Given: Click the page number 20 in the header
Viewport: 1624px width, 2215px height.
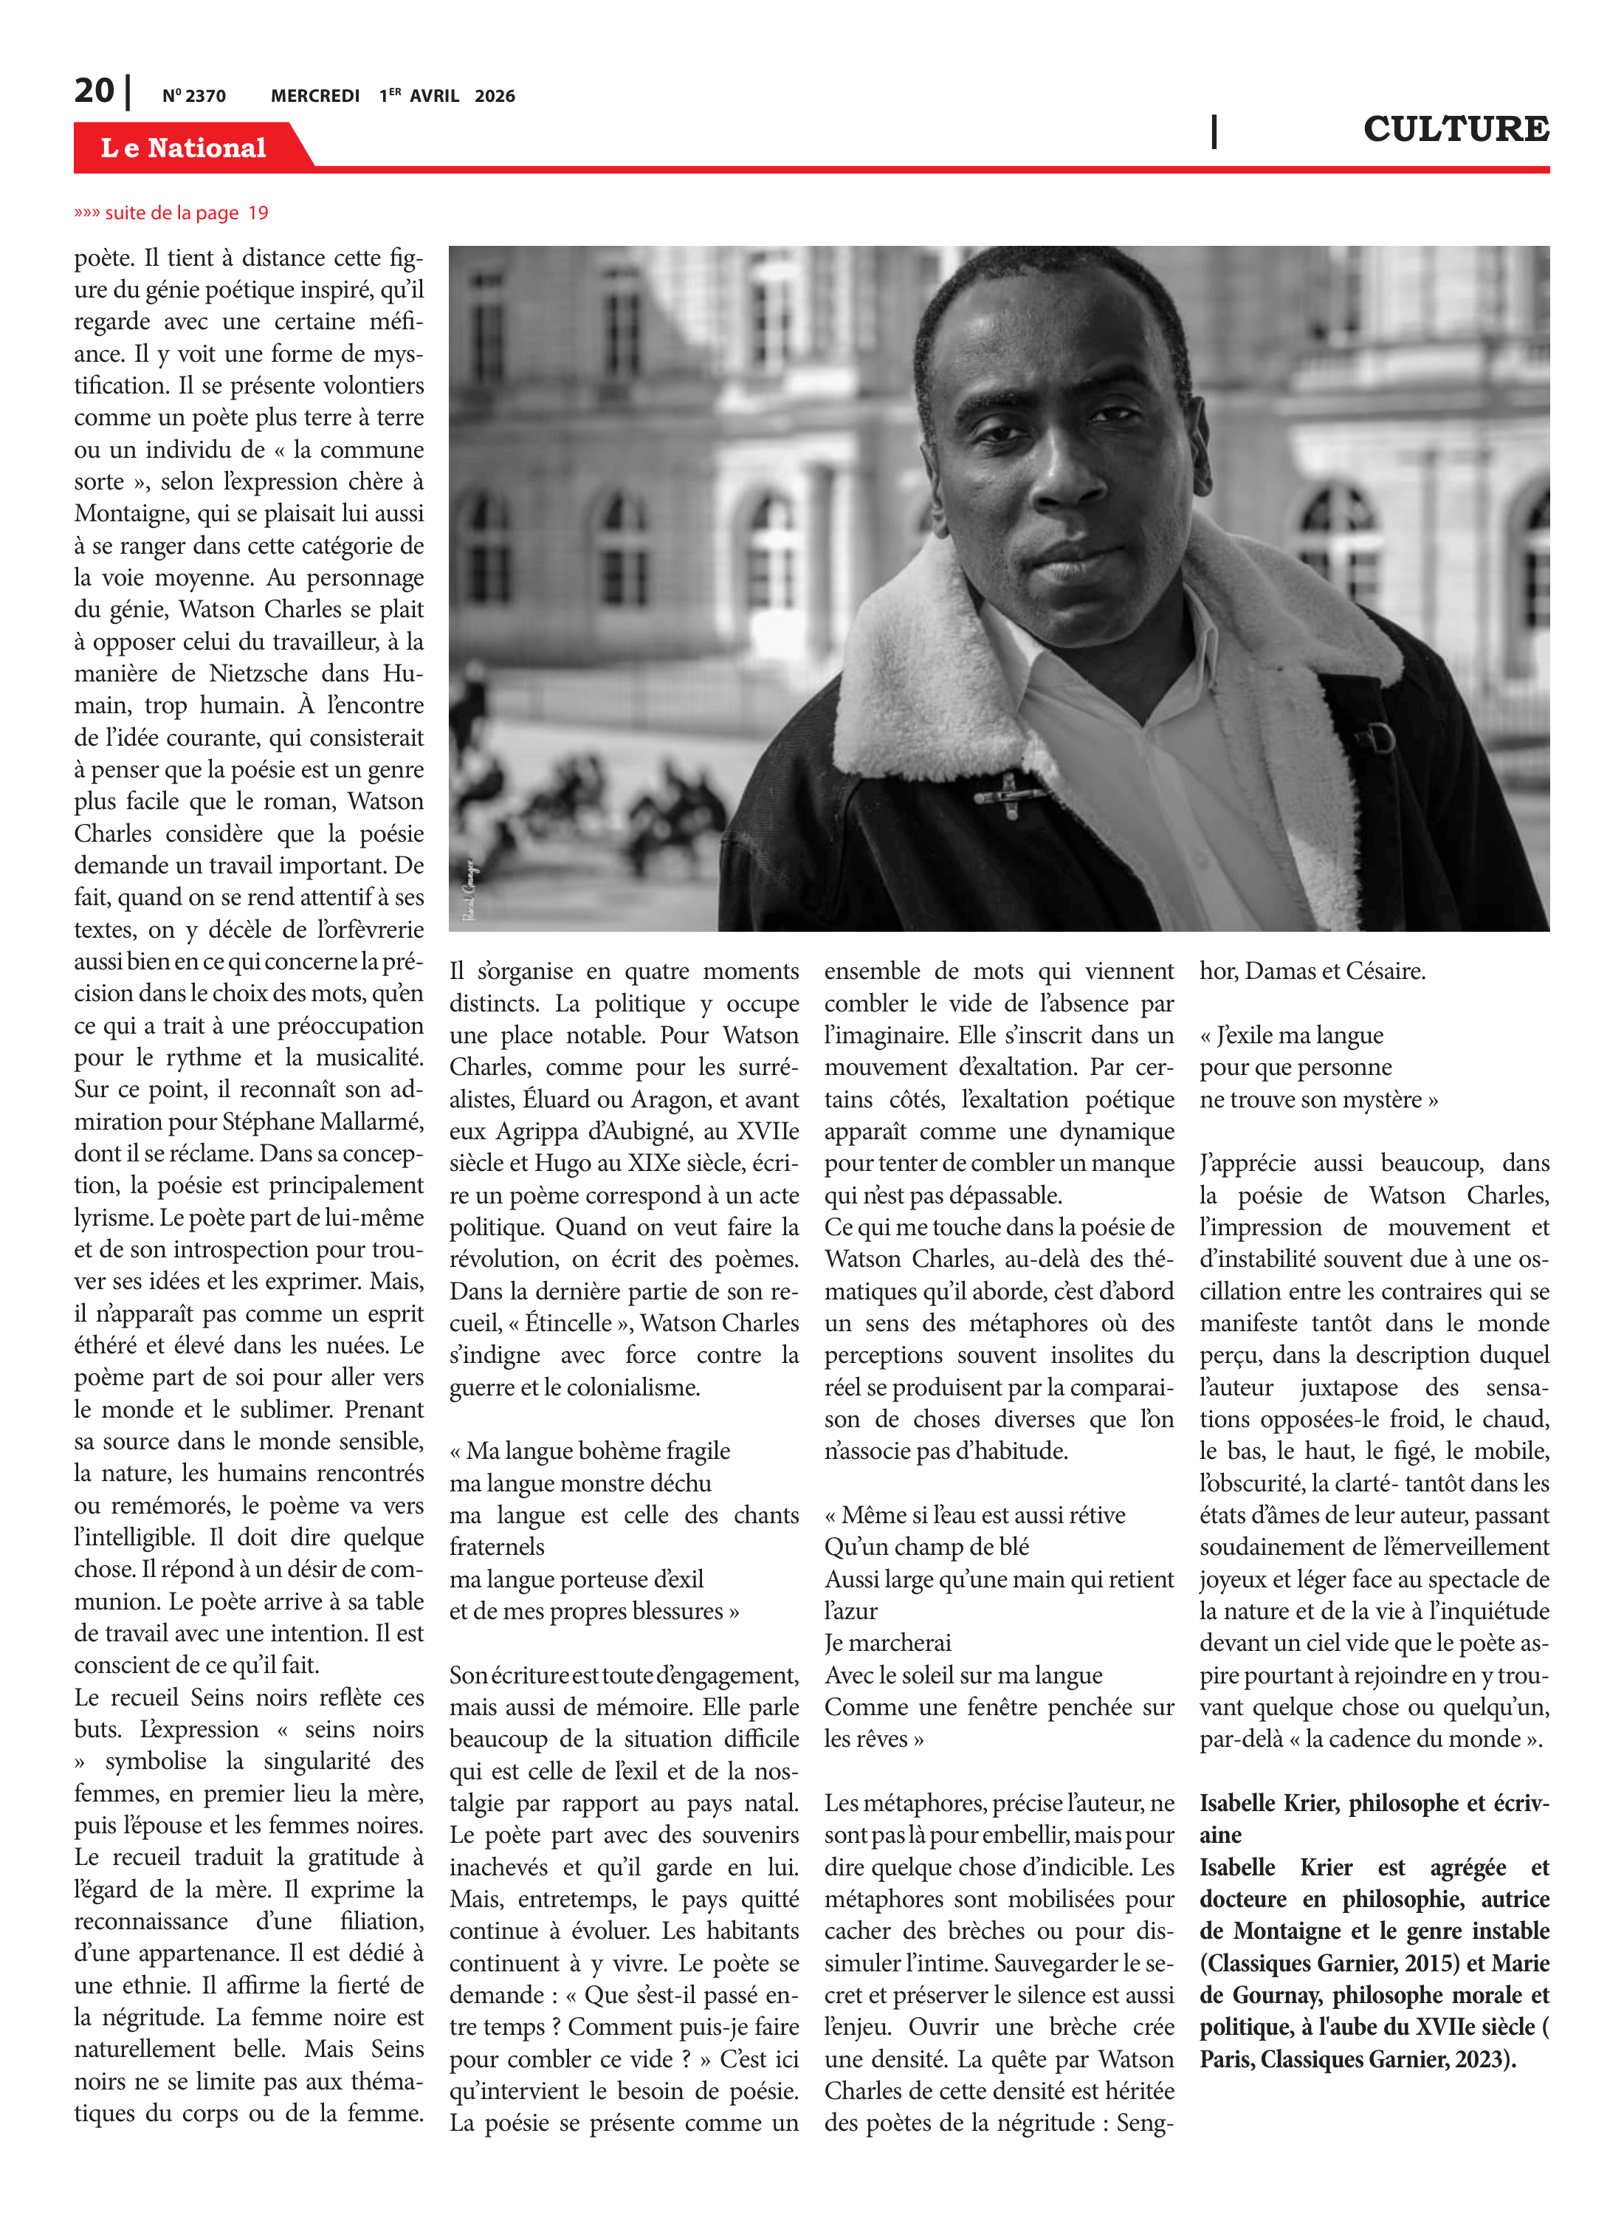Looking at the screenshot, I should pos(94,92).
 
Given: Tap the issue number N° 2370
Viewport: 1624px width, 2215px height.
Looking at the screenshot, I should pos(193,96).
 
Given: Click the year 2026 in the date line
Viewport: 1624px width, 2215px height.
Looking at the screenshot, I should pos(495,96).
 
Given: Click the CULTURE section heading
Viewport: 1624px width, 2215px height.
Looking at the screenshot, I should pos(1455,128).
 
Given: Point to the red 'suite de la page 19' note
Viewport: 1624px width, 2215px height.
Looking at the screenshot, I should pos(171,213).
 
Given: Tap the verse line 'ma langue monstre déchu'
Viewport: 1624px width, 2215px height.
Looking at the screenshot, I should pos(580,1483).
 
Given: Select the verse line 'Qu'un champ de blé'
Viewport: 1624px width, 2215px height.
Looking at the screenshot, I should pos(926,1548).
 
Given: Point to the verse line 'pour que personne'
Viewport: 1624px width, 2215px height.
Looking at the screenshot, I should pos(1295,1068).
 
